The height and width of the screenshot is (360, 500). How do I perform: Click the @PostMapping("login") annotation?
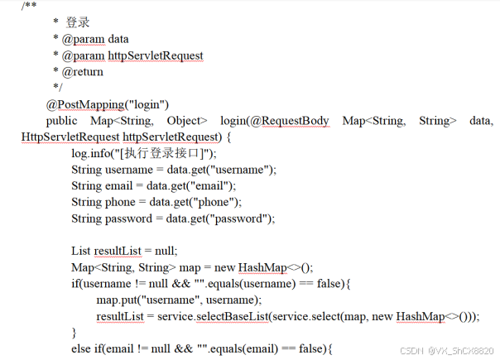point(107,104)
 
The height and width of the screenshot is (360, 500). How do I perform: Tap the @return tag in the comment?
point(83,72)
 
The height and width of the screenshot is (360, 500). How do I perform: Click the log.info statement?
point(143,153)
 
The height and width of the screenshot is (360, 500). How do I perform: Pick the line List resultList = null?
point(124,251)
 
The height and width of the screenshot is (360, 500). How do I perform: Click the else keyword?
point(81,348)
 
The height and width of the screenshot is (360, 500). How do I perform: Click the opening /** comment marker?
point(29,7)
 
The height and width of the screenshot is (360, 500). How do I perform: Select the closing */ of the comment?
point(57,88)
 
